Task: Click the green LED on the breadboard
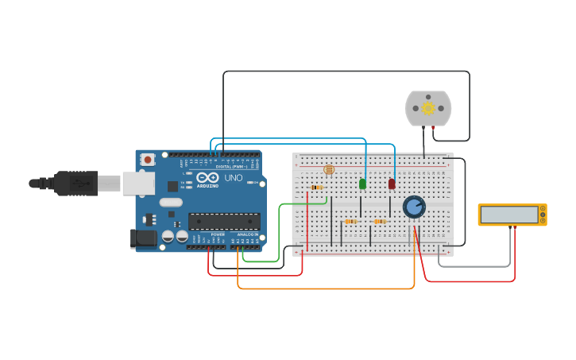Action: point(363,184)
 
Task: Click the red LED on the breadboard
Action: point(392,184)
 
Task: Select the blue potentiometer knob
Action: point(414,207)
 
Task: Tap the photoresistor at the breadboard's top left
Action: point(329,169)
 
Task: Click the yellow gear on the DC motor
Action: point(428,108)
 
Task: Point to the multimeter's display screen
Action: point(509,215)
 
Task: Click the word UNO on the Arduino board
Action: point(234,178)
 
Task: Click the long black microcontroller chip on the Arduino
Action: point(223,222)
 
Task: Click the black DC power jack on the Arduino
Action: point(143,238)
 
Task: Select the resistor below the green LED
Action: point(350,222)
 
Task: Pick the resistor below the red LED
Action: point(380,222)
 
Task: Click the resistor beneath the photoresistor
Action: point(317,188)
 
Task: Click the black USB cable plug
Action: point(76,183)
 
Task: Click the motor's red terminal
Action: point(433,127)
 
